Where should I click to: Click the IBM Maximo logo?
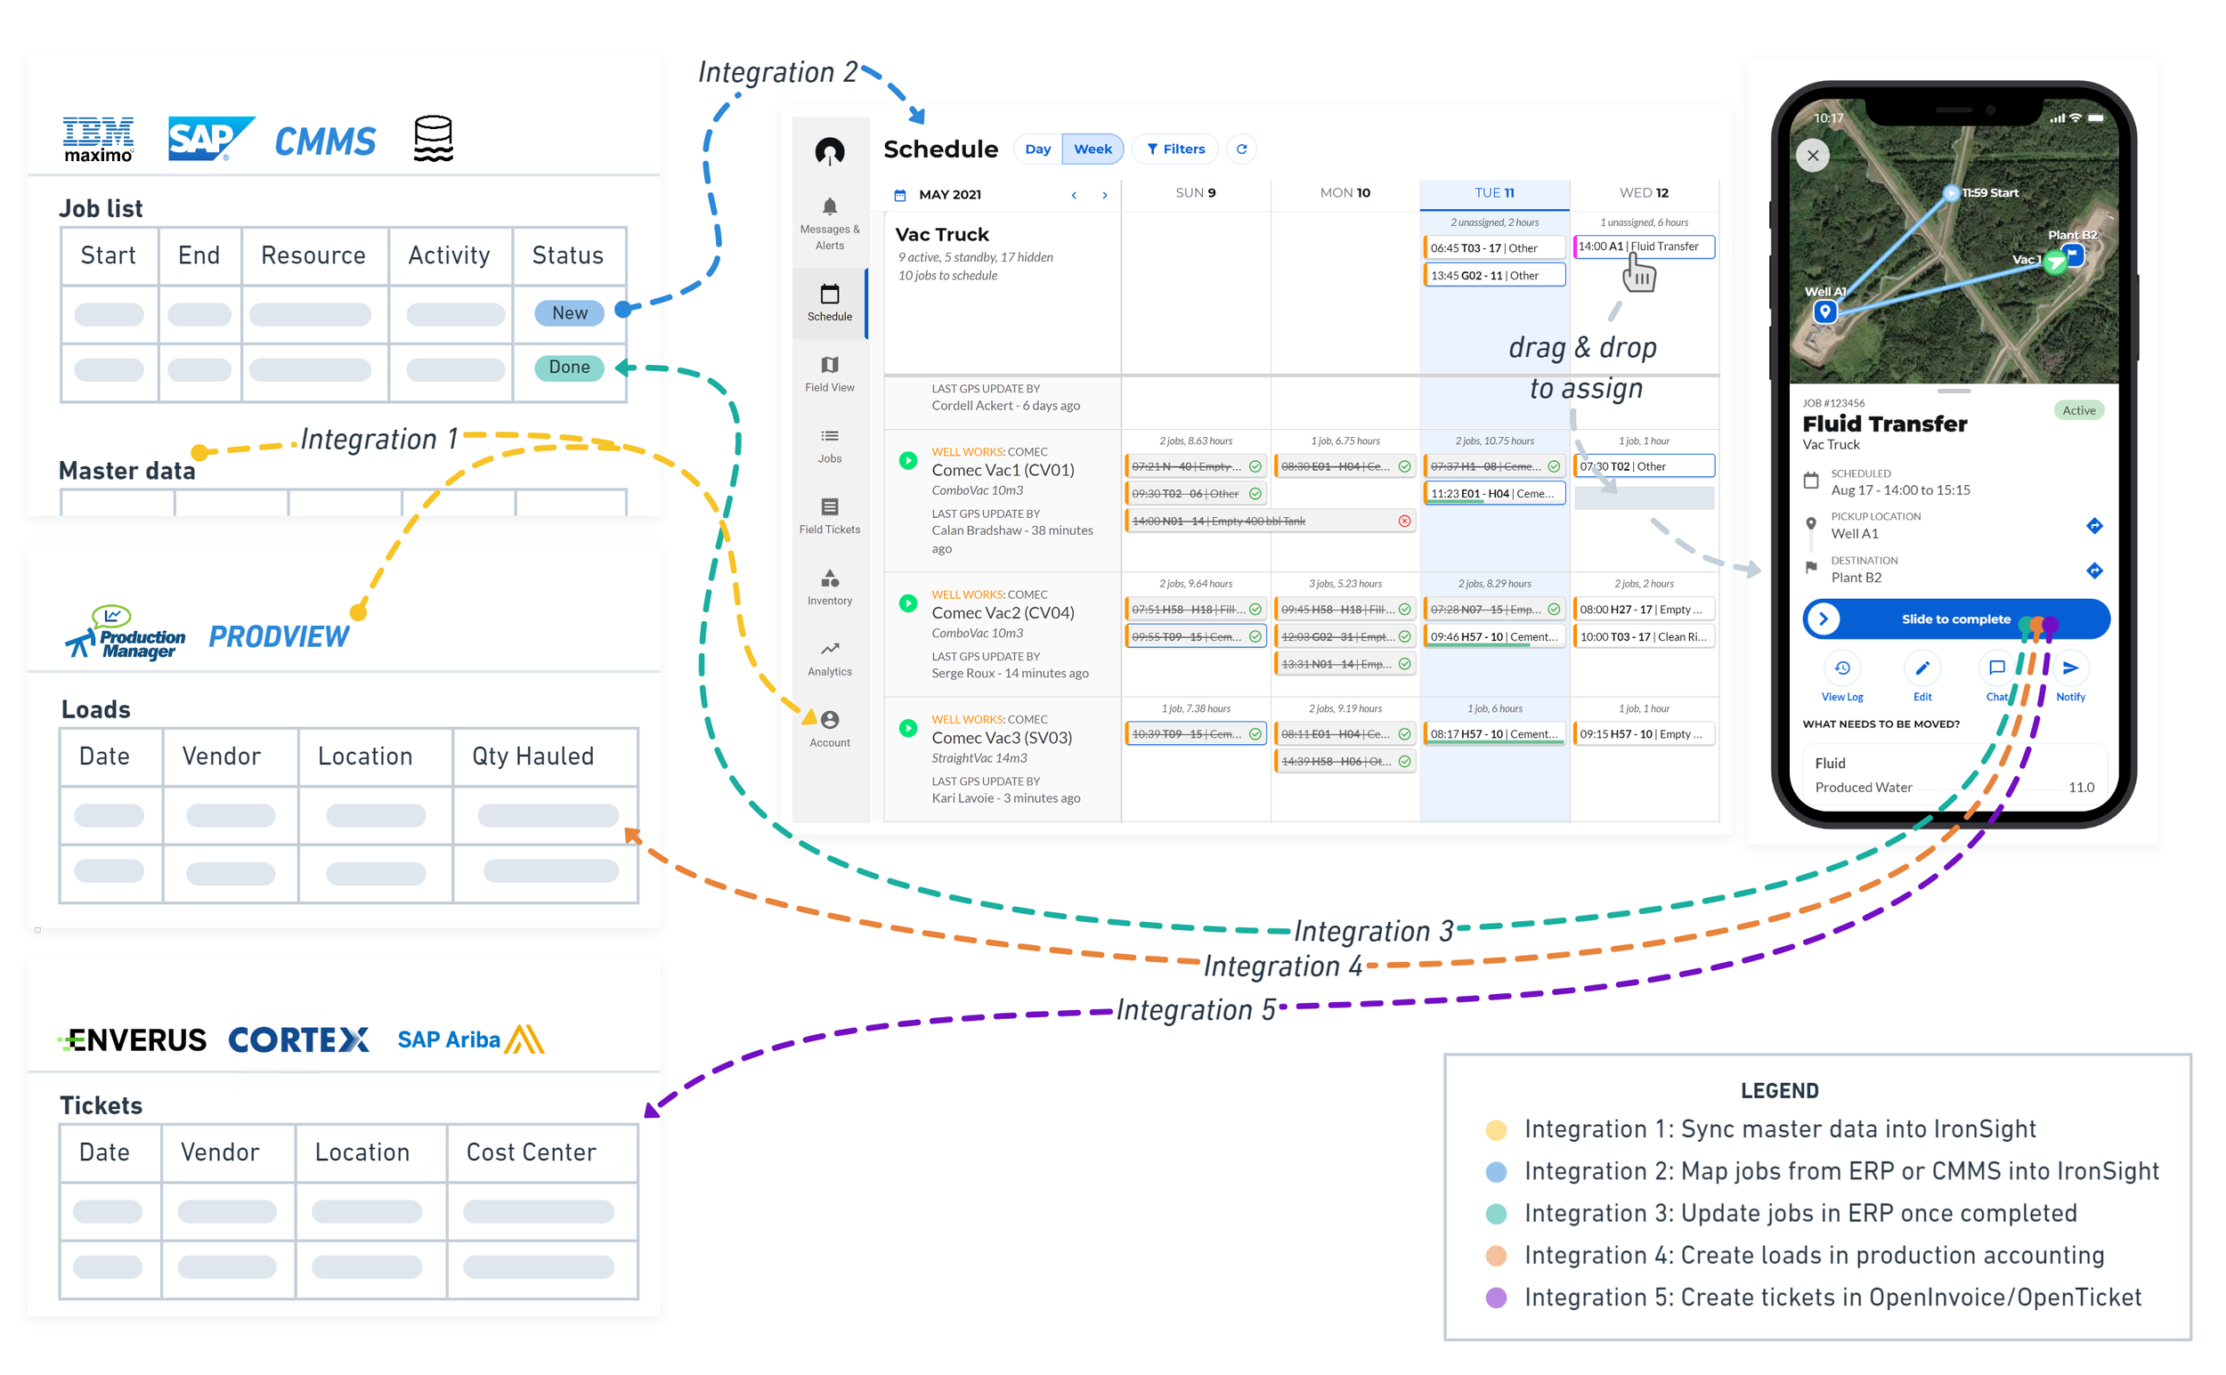[98, 139]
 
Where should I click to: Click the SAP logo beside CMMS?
[208, 138]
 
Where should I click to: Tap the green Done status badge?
[570, 368]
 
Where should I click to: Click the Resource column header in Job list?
[313, 255]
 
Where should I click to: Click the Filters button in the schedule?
[1176, 150]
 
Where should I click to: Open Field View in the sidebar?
[830, 374]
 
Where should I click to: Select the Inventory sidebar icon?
[830, 587]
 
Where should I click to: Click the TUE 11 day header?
[1495, 193]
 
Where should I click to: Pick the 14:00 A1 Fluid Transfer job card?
[1644, 247]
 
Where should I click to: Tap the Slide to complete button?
[1956, 619]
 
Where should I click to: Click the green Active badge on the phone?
[2078, 411]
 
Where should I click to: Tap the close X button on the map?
[1813, 156]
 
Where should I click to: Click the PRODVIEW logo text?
[280, 636]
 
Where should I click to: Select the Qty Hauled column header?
[533, 756]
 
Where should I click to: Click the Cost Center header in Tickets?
[532, 1153]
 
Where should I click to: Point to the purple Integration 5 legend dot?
[1497, 1298]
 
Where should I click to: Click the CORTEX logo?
[298, 1039]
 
